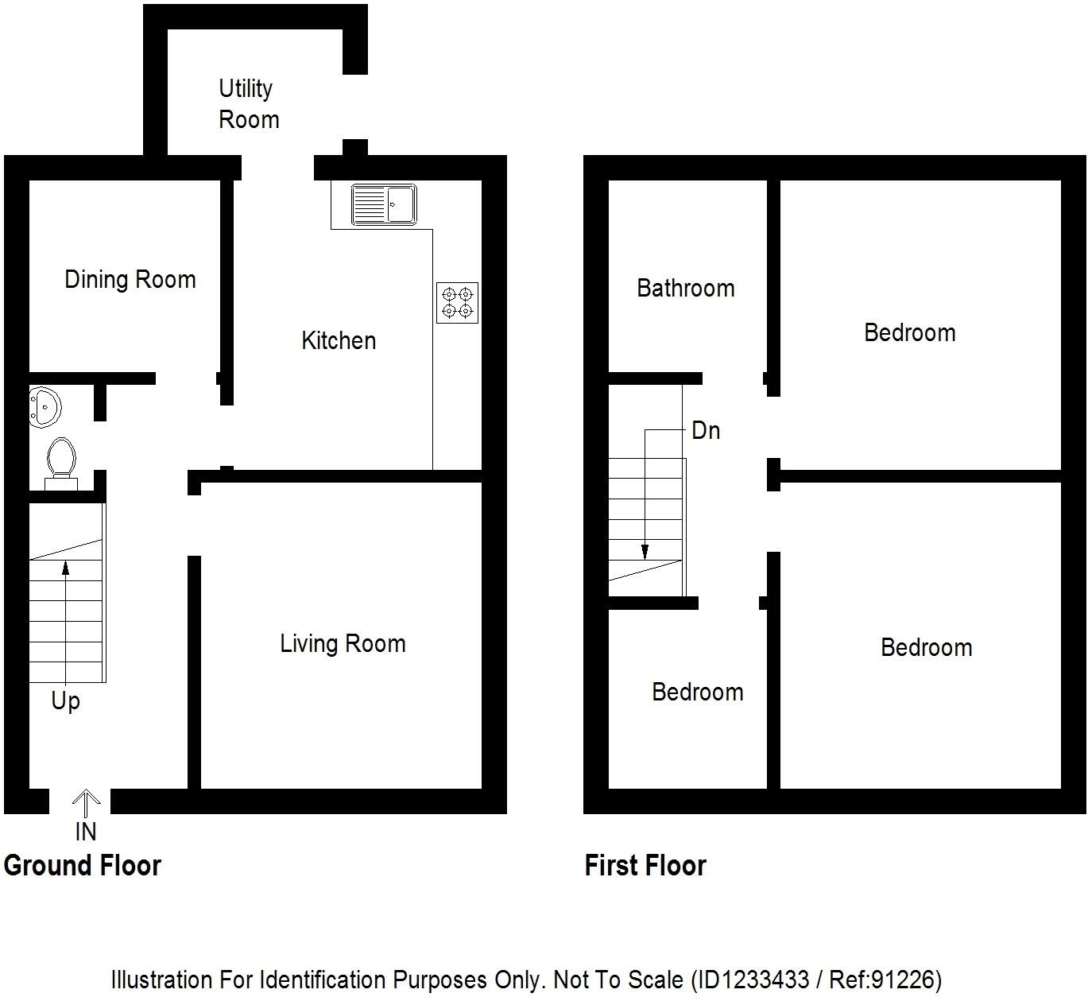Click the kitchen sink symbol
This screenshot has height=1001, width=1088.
(384, 205)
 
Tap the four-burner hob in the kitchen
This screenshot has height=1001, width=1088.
(457, 303)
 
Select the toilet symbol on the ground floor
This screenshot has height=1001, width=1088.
(61, 462)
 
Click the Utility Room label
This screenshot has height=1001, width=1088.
(248, 104)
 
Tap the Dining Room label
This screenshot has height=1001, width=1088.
(130, 280)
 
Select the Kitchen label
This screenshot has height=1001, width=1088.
(339, 341)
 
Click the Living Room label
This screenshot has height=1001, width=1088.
(343, 643)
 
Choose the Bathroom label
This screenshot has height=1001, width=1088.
(685, 288)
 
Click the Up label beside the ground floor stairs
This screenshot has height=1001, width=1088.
(65, 701)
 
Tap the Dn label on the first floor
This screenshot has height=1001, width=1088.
(706, 431)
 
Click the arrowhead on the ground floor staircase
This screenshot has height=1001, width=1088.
(65, 567)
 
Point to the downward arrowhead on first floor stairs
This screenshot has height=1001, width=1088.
(645, 552)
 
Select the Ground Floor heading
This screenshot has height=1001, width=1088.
(83, 865)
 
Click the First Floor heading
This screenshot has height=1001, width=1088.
(645, 865)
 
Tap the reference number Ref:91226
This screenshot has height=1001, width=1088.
(885, 979)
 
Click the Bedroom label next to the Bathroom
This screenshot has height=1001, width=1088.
(909, 332)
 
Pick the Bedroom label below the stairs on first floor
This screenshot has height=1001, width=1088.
(697, 692)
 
